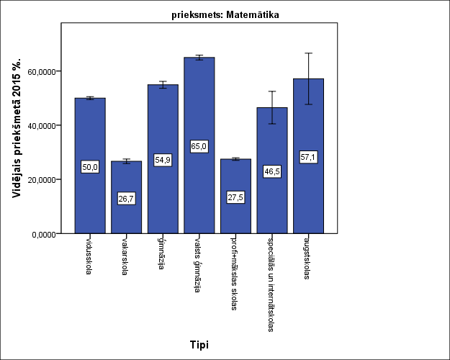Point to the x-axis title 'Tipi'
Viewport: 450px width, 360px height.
(199, 345)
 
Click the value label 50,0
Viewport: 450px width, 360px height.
(90, 167)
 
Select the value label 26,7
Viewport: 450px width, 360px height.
(126, 199)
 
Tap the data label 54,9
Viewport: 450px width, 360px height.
(163, 160)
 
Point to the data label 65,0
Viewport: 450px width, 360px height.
(199, 146)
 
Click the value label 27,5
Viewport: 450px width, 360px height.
(235, 197)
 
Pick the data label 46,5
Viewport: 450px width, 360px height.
(272, 171)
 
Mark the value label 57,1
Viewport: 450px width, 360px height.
(308, 157)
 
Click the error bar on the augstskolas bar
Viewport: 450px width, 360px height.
(308, 78)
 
